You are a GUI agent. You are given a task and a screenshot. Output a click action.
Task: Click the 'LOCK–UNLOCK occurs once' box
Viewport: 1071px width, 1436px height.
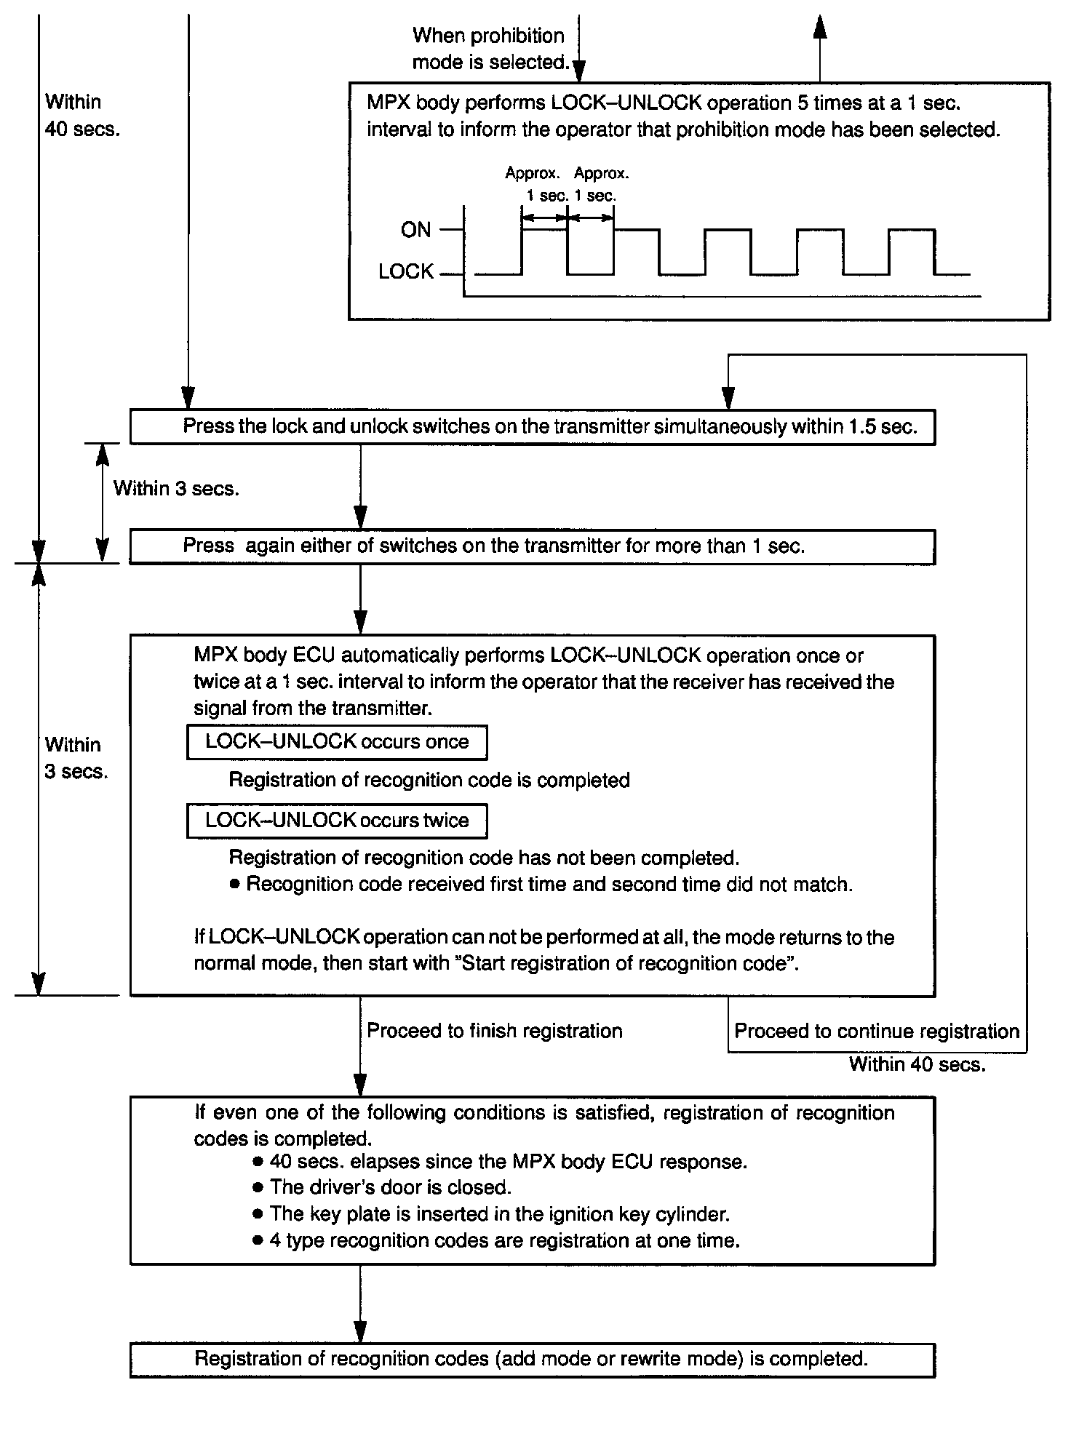tap(337, 742)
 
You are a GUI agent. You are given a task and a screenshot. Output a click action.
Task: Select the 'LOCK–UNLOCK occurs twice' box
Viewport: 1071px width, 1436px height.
tap(337, 821)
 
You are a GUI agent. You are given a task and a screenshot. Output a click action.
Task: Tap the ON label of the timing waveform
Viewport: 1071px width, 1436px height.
tap(415, 230)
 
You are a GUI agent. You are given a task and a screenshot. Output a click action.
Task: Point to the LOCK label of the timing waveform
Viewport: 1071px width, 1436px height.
tap(405, 272)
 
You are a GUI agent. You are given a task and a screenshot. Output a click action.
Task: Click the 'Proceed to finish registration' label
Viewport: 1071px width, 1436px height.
tap(494, 1031)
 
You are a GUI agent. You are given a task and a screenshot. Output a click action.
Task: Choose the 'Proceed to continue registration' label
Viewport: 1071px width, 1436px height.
tap(876, 1032)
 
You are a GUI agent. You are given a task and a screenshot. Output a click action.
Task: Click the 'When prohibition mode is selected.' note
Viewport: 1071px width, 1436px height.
tap(490, 49)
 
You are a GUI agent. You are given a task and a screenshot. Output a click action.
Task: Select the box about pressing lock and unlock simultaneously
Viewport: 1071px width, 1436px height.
tap(532, 427)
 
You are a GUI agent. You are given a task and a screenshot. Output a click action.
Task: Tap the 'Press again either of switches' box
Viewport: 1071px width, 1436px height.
tap(532, 547)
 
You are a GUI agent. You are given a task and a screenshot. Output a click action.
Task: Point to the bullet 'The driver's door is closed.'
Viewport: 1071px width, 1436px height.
tap(390, 1188)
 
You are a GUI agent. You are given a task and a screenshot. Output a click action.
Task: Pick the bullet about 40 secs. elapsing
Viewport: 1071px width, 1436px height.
tap(508, 1162)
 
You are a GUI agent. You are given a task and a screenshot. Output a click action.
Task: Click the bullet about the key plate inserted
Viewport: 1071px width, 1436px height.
tap(499, 1214)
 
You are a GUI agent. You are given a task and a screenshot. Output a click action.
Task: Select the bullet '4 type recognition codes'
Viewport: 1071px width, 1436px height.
tap(504, 1240)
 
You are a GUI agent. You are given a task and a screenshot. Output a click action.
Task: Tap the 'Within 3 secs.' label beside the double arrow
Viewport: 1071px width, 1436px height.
tap(176, 489)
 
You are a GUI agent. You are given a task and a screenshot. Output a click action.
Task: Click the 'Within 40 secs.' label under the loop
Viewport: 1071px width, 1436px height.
tap(917, 1065)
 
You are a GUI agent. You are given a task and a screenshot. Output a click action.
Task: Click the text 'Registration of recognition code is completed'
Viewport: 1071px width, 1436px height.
tap(429, 781)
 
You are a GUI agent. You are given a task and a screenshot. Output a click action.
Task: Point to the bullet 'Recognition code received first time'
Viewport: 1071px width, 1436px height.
tap(549, 885)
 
